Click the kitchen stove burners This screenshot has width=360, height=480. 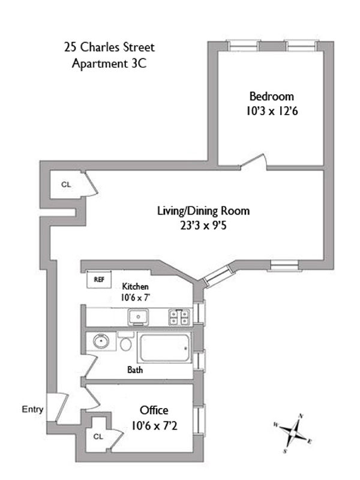(x=179, y=316)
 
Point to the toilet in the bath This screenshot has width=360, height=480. (x=125, y=343)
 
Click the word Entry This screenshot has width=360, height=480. (x=32, y=410)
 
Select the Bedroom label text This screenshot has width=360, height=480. (x=272, y=96)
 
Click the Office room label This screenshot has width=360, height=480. (x=154, y=410)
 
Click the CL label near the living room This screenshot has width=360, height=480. (x=65, y=185)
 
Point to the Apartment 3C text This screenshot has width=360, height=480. (x=106, y=62)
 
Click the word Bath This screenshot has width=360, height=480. (x=135, y=370)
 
